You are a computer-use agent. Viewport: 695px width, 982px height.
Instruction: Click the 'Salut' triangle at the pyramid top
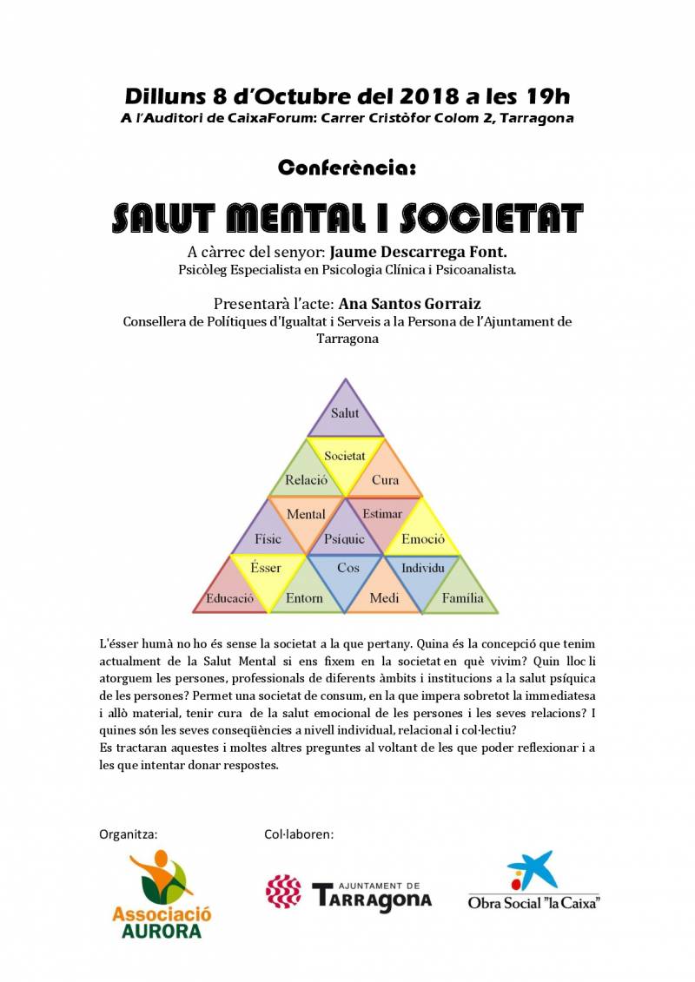[x=346, y=413]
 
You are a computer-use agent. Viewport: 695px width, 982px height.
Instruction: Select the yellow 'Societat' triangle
[x=345, y=457]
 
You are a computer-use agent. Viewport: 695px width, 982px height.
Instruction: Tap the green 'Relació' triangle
[x=307, y=477]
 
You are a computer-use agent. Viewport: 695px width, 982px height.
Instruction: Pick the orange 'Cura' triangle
[x=385, y=477]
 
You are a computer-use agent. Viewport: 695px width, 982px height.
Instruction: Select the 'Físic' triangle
[x=268, y=536]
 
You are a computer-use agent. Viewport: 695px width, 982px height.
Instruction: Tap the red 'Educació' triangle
[x=230, y=594]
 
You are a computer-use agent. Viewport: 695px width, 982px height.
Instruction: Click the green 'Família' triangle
[x=461, y=594]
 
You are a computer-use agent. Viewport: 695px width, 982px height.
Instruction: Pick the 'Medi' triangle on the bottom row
[x=384, y=596]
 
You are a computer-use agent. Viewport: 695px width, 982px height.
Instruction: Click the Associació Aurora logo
[x=162, y=894]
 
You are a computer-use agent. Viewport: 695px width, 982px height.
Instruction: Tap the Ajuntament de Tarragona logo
[x=347, y=893]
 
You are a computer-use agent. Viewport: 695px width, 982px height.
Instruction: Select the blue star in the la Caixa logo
[x=533, y=868]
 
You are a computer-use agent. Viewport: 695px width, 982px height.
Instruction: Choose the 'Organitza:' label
[x=129, y=834]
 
